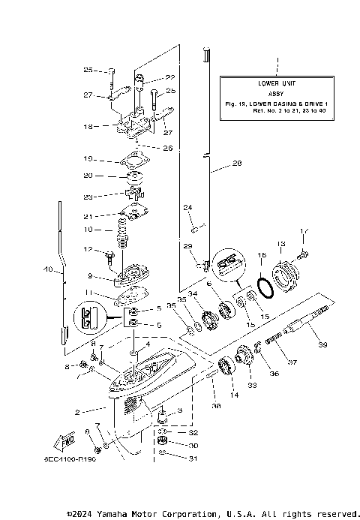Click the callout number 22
tap(169, 77)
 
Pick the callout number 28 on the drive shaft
tap(237, 163)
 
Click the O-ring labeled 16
tap(262, 256)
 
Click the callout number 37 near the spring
tap(292, 362)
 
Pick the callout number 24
tap(187, 207)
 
